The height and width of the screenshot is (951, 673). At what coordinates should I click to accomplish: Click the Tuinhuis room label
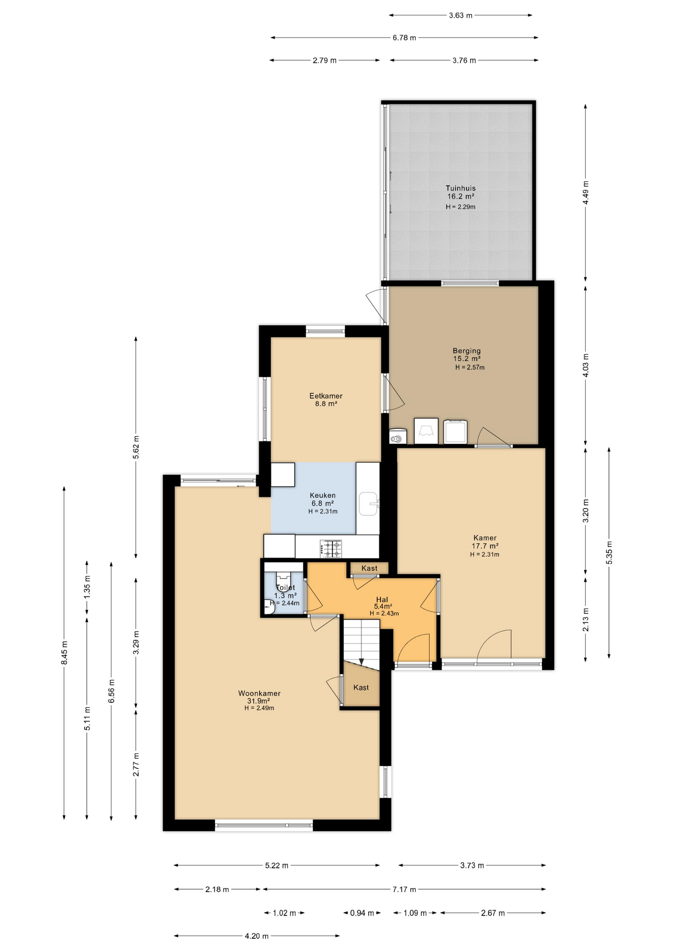460,188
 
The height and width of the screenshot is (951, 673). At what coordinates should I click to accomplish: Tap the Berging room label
466,351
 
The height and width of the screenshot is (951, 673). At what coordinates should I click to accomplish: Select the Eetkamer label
326,396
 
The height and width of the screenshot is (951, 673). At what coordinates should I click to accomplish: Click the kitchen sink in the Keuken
369,504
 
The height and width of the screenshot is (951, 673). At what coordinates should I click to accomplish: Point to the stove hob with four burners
331,548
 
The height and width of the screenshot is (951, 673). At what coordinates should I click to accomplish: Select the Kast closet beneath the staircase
361,687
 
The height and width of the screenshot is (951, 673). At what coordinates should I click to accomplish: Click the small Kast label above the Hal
369,568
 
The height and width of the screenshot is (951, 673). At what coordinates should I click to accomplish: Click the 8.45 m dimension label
64,653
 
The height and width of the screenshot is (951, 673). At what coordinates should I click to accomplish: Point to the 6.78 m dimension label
404,38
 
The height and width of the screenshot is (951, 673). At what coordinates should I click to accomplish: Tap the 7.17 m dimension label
404,889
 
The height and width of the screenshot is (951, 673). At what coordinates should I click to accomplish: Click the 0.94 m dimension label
362,913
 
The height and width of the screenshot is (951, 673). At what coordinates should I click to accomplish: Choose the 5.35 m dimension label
609,553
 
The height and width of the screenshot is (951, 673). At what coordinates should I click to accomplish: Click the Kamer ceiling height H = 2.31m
485,555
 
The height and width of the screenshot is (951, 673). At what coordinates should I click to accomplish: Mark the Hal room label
382,599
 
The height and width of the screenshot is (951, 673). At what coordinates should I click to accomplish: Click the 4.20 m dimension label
257,936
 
